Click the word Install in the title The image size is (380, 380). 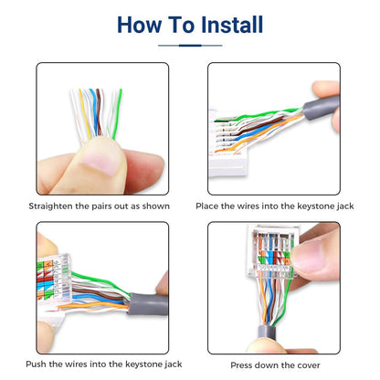(227, 24)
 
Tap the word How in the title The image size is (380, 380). (142, 24)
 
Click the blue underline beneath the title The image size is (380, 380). (190, 45)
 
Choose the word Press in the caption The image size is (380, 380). (245, 364)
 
